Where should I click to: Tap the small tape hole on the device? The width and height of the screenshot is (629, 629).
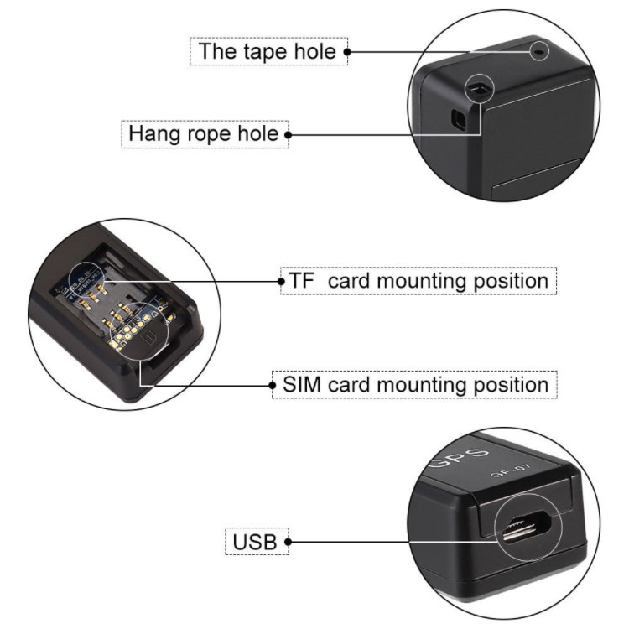pyautogui.click(x=539, y=51)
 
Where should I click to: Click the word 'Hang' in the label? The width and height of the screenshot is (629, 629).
pyautogui.click(x=154, y=134)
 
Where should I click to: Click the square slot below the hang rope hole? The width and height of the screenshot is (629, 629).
pyautogui.click(x=459, y=119)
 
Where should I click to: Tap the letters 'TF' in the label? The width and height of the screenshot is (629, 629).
pyautogui.click(x=301, y=280)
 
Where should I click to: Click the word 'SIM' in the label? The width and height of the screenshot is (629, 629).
pyautogui.click(x=302, y=384)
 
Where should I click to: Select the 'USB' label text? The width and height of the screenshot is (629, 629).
pyautogui.click(x=255, y=542)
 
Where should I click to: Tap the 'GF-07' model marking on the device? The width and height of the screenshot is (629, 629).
pyautogui.click(x=510, y=470)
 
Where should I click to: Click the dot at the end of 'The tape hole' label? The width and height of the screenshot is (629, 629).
pyautogui.click(x=347, y=52)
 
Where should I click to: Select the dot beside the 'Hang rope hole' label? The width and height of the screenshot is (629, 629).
pyautogui.click(x=288, y=135)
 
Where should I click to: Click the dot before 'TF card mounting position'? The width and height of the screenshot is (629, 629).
pyautogui.click(x=282, y=281)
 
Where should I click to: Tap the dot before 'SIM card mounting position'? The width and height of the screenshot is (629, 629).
pyautogui.click(x=273, y=386)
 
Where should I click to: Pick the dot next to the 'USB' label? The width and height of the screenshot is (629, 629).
pyautogui.click(x=288, y=542)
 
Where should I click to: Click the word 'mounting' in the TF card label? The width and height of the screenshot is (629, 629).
pyautogui.click(x=422, y=281)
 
